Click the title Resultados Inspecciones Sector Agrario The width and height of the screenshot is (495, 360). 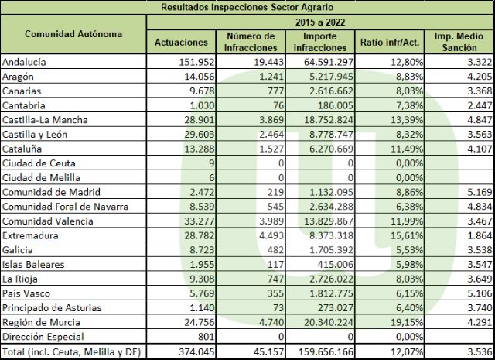(x=247, y=7)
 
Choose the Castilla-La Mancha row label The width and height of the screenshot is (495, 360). (x=45, y=120)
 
